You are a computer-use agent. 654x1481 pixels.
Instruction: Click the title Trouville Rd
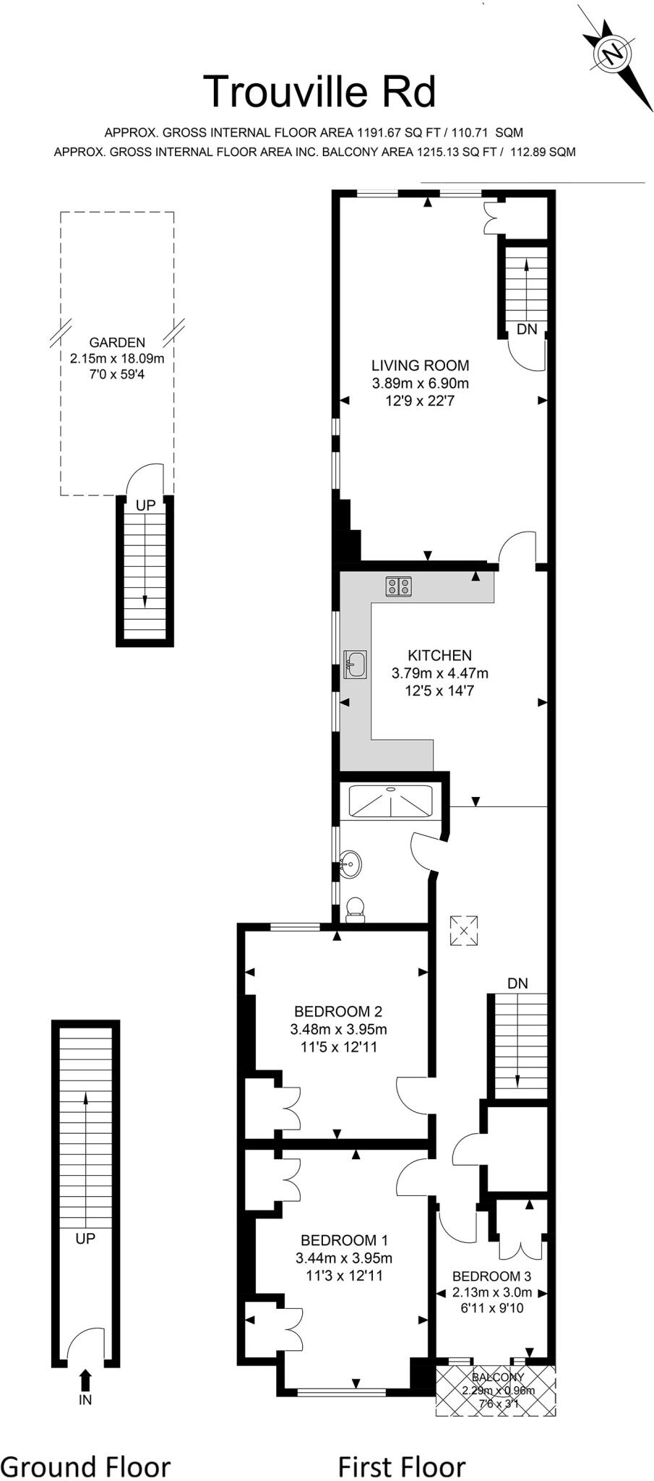pos(320,92)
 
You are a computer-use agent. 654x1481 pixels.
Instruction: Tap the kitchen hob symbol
pos(399,586)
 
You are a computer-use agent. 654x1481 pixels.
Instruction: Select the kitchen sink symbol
pos(356,664)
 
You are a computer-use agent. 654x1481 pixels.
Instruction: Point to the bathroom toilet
pos(356,910)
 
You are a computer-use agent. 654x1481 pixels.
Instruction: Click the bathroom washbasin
pos(351,863)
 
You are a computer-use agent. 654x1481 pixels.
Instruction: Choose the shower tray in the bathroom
pos(391,801)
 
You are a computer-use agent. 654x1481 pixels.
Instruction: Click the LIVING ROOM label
pos(420,366)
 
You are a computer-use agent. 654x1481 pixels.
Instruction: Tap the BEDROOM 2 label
pos(338,1011)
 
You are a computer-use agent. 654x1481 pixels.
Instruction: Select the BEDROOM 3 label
pos(491,1276)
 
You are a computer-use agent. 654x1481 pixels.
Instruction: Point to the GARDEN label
pos(117,343)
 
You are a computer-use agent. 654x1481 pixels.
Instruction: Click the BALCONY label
pos(498,1377)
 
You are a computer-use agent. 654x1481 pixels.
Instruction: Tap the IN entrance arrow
pos(85,1380)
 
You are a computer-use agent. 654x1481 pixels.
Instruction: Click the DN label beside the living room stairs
pos(528,329)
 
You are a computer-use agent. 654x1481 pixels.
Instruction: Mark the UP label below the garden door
pos(145,505)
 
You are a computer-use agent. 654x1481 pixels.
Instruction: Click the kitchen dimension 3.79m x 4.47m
pos(439,673)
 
